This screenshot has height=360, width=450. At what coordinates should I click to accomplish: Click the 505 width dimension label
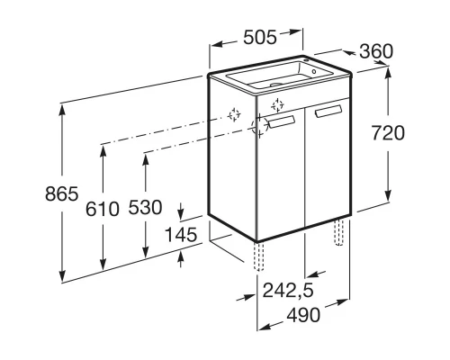(260, 38)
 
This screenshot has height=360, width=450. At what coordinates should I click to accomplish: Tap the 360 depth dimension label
(376, 51)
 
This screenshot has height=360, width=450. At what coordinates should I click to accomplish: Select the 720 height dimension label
(388, 133)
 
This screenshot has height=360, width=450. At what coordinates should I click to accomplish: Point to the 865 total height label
(62, 193)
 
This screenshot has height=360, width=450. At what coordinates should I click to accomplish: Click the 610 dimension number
(103, 209)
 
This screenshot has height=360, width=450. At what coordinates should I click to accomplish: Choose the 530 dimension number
(146, 207)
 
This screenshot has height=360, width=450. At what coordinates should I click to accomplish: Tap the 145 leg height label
(181, 235)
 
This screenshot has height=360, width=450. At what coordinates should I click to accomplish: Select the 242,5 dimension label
(288, 291)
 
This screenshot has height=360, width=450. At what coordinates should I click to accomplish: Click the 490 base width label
(303, 315)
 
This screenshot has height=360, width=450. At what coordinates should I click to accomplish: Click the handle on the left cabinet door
(282, 122)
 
